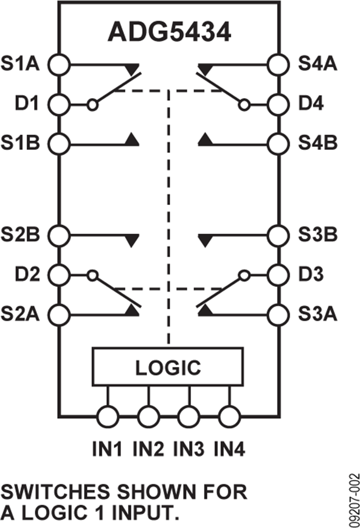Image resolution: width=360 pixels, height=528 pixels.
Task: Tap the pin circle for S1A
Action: coord(59,64)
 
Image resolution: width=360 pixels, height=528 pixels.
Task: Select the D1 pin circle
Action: coord(59,105)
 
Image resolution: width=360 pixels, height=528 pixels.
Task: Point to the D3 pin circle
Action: coord(278,275)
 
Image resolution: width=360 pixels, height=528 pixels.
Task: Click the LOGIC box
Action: coord(168,367)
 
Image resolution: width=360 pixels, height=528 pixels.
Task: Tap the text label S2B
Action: coord(20,234)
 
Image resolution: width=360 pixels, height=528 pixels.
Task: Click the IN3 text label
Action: coord(189,449)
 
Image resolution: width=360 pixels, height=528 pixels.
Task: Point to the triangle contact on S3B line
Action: coord(205,241)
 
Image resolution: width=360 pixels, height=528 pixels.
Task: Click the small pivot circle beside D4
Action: coord(244,105)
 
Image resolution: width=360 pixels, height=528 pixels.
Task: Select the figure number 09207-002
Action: coord(354,500)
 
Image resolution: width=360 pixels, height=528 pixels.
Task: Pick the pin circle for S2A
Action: coord(59,315)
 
